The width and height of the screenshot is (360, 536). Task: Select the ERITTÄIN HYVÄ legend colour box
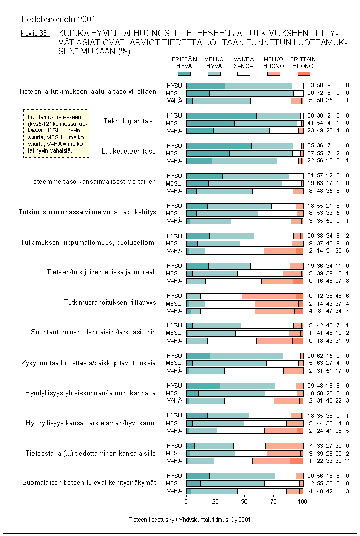click(x=184, y=74)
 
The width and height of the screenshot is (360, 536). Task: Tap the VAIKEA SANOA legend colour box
click(x=243, y=74)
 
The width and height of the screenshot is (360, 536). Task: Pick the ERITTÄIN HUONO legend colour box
click(x=303, y=74)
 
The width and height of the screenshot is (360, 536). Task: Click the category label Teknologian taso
click(x=129, y=121)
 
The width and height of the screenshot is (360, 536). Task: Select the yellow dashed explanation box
click(x=56, y=133)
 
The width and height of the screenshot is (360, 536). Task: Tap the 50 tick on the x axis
click(x=244, y=500)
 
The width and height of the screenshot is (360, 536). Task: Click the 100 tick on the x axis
click(x=303, y=500)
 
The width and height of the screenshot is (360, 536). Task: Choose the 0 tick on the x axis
click(x=186, y=500)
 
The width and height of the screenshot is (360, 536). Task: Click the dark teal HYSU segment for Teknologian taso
click(x=221, y=116)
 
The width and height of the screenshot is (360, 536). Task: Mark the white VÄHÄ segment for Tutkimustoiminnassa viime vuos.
click(x=261, y=221)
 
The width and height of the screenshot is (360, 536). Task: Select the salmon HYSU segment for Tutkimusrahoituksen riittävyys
click(x=269, y=296)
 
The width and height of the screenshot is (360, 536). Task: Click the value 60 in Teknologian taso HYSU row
click(x=311, y=116)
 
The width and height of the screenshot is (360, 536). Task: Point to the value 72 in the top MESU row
click(x=320, y=93)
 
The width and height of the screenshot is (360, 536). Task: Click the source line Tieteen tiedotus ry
click(x=190, y=520)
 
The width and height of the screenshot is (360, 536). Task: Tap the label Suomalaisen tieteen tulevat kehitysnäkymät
click(x=89, y=483)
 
